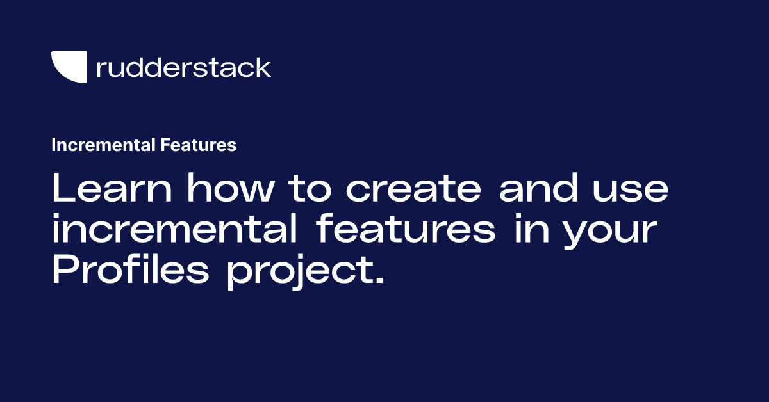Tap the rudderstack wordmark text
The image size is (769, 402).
[x=183, y=67]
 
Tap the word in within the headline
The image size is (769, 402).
[x=528, y=231]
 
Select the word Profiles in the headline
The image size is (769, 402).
[x=131, y=272]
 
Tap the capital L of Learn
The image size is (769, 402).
[x=62, y=190]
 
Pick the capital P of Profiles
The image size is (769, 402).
[x=63, y=272]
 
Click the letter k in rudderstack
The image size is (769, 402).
[x=263, y=67]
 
